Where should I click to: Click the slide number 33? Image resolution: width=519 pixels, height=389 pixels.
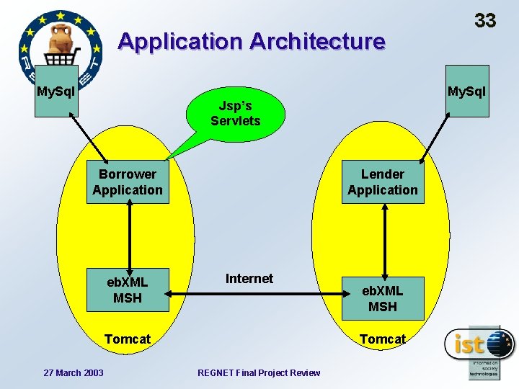click(485, 20)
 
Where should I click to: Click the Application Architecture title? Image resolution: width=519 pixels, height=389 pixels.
click(252, 41)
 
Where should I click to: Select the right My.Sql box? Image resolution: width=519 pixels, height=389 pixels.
click(466, 91)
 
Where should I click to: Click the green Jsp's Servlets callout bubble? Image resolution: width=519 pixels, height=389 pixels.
click(236, 113)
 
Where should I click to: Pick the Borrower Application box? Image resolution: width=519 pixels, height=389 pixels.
click(128, 182)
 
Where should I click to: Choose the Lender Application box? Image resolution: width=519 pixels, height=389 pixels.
click(383, 182)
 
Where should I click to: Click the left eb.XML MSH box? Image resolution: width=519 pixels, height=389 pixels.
click(128, 290)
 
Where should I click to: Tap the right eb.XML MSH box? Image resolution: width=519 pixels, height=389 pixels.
click(383, 298)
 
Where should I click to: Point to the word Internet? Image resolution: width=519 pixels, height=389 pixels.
click(249, 279)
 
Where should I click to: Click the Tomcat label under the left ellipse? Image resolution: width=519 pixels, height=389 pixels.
click(128, 339)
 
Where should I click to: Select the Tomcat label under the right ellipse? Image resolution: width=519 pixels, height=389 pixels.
click(383, 339)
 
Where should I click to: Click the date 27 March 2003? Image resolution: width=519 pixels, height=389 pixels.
click(74, 372)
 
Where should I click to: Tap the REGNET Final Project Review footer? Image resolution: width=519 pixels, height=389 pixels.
click(259, 372)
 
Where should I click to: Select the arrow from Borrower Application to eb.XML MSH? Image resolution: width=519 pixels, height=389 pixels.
click(128, 236)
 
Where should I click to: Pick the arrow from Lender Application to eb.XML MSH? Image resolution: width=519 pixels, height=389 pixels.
click(383, 240)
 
